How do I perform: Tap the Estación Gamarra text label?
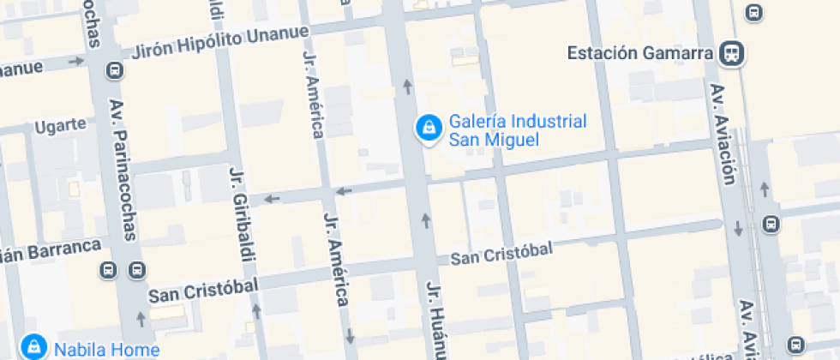click(640, 53)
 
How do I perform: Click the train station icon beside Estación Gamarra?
click(732, 53)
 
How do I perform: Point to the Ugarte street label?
click(60, 126)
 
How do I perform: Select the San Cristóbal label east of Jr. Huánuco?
click(501, 253)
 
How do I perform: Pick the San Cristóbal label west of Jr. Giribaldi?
click(203, 291)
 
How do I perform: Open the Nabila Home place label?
click(106, 350)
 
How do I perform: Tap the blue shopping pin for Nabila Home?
click(33, 347)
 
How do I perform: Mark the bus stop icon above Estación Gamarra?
click(753, 12)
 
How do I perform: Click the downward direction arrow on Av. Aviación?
click(739, 229)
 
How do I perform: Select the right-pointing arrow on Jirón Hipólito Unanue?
click(75, 61)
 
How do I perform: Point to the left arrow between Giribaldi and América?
click(272, 199)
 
